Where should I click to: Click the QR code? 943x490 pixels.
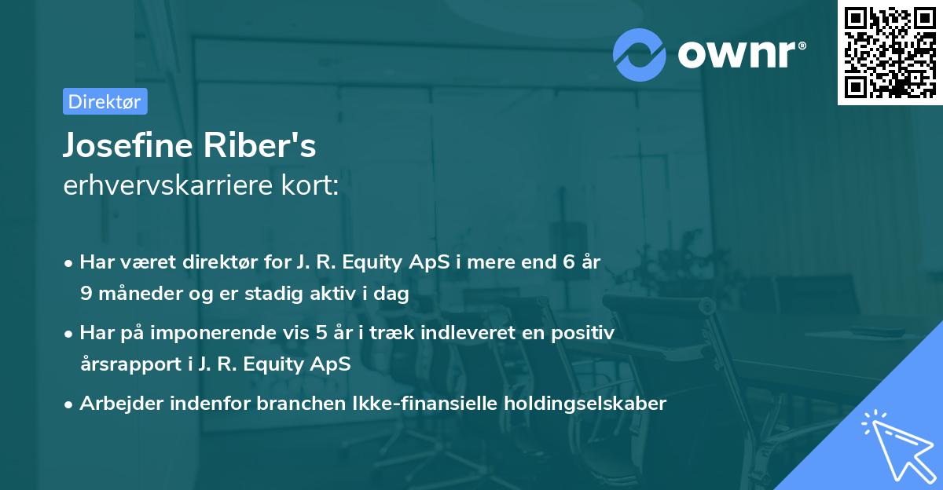point(890,53)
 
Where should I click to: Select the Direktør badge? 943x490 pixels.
point(105,101)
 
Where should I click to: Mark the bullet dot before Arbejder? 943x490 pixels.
point(70,404)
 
